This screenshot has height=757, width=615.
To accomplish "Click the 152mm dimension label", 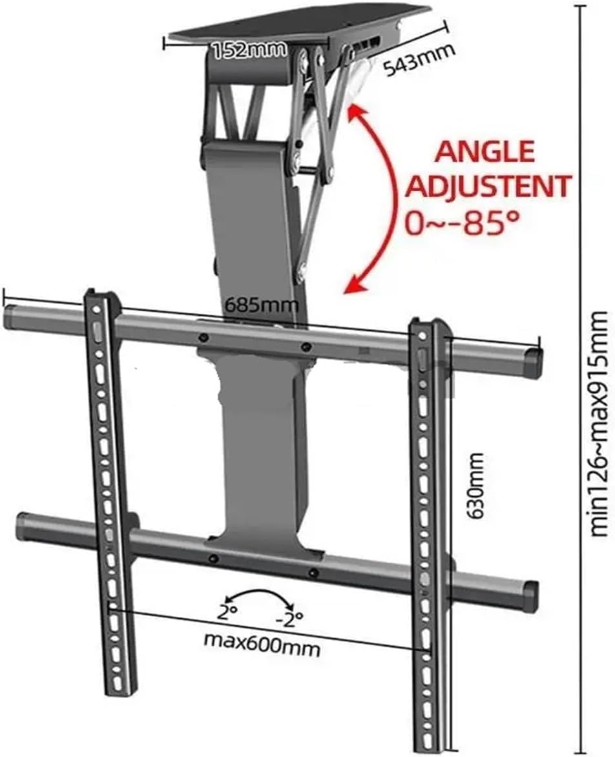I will click(x=249, y=50).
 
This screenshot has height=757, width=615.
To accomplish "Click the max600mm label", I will click(x=262, y=643).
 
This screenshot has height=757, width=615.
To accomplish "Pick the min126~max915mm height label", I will click(x=600, y=423).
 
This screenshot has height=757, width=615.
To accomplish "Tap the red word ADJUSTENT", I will click(x=489, y=186).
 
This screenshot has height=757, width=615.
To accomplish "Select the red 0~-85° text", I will click(x=463, y=223).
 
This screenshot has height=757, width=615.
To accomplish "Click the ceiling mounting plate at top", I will click(x=297, y=26).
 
